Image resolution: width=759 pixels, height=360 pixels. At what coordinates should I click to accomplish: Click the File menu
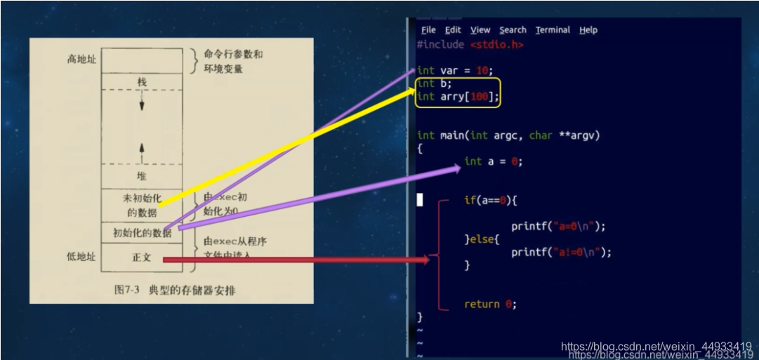428,30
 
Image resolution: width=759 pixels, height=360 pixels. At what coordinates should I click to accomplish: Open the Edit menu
453,30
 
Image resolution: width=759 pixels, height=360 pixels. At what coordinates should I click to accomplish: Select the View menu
480,30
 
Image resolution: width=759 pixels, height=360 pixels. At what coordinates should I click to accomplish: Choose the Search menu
513,30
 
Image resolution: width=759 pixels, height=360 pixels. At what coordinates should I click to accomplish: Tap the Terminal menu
553,30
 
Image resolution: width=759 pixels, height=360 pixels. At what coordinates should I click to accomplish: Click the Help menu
588,30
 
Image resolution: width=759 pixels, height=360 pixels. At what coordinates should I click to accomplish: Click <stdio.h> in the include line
496,45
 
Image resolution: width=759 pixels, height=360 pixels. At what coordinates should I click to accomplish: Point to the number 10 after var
482,71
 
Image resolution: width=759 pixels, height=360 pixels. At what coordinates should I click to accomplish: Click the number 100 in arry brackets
480,97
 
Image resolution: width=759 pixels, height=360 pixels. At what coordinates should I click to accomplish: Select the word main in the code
452,135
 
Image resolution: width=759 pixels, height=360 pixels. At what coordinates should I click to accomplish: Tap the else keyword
482,239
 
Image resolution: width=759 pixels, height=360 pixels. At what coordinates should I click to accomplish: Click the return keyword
482,305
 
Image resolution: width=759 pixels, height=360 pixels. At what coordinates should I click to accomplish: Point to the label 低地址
81,257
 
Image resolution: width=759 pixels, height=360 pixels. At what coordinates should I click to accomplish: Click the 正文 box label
141,258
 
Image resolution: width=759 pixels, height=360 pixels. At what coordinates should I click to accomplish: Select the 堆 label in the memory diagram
142,175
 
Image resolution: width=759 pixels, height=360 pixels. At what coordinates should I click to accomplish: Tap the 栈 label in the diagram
142,82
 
